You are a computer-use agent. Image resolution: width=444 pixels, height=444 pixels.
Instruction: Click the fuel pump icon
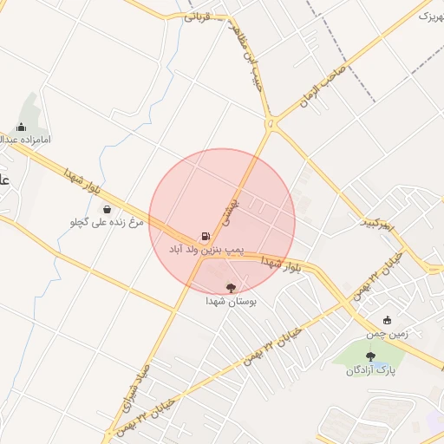point(206,235)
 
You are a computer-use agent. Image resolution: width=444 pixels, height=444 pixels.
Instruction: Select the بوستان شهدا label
point(229,302)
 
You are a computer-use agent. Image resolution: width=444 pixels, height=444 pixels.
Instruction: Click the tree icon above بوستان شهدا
point(230,287)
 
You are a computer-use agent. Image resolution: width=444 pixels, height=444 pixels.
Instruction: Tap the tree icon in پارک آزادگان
point(371,356)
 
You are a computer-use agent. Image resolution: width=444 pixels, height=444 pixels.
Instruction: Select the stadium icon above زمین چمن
point(387,319)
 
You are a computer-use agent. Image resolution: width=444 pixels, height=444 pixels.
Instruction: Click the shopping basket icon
point(107,209)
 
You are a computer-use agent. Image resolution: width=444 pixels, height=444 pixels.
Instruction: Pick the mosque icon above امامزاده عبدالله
point(21,127)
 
